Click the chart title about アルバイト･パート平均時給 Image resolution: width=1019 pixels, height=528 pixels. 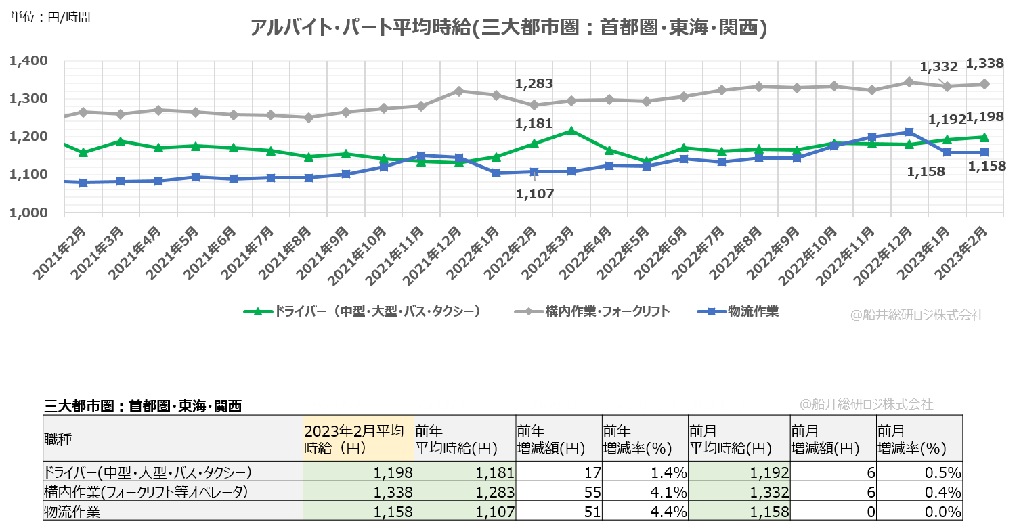click(x=508, y=28)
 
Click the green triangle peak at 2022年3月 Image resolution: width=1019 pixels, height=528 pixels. click(x=571, y=131)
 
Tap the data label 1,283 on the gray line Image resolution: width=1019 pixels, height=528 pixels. click(x=534, y=84)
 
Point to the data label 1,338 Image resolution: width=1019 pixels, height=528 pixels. click(x=984, y=64)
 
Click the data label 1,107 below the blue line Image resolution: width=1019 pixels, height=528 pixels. click(x=534, y=194)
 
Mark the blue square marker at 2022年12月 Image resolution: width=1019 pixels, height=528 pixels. click(x=909, y=132)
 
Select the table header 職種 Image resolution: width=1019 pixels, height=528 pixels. click(x=58, y=439)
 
